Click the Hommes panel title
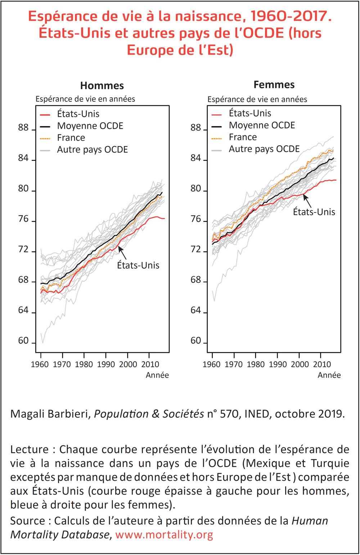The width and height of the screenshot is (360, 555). [102, 86]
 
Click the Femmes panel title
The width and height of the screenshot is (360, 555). [274, 85]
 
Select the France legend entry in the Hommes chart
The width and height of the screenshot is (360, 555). [71, 138]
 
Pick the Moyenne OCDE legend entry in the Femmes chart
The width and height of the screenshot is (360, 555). [262, 126]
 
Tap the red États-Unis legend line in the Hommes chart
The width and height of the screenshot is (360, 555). [45, 114]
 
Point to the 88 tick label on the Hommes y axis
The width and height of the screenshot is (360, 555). [23, 128]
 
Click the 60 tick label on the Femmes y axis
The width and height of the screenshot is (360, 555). [195, 341]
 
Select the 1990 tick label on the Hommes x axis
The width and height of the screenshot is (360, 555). [106, 364]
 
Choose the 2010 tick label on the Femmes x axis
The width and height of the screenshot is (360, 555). [321, 364]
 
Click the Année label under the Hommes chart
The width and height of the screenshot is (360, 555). [157, 375]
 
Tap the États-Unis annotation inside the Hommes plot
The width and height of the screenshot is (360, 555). [138, 265]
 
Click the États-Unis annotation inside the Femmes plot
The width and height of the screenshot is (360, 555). [314, 212]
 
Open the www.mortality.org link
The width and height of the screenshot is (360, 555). [164, 534]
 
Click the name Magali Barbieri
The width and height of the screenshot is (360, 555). [50, 414]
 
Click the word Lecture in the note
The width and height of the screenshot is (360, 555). [30, 449]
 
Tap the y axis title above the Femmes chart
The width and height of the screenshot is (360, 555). [257, 99]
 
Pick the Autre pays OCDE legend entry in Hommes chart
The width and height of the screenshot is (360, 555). [93, 150]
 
